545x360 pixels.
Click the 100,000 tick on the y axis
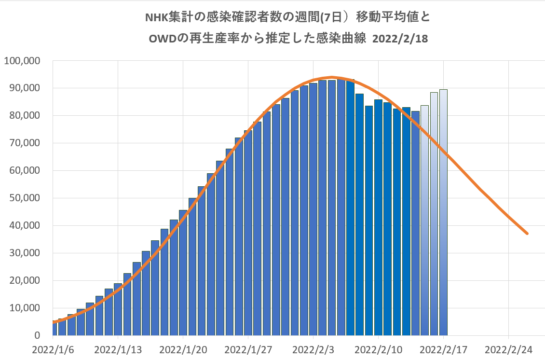click(x=21, y=61)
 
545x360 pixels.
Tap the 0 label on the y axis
click(x=38, y=335)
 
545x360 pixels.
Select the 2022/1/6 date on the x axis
click(x=53, y=349)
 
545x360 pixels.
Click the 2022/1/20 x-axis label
click(x=183, y=349)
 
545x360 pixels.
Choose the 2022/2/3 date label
click(x=313, y=349)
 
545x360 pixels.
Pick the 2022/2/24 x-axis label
click(x=508, y=349)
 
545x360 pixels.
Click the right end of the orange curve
click(x=527, y=234)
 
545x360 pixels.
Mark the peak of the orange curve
click(x=332, y=77)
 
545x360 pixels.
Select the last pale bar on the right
click(x=443, y=212)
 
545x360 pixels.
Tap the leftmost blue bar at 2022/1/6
click(x=54, y=328)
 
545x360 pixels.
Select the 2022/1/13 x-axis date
click(x=118, y=349)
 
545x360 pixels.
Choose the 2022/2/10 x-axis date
click(x=379, y=349)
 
